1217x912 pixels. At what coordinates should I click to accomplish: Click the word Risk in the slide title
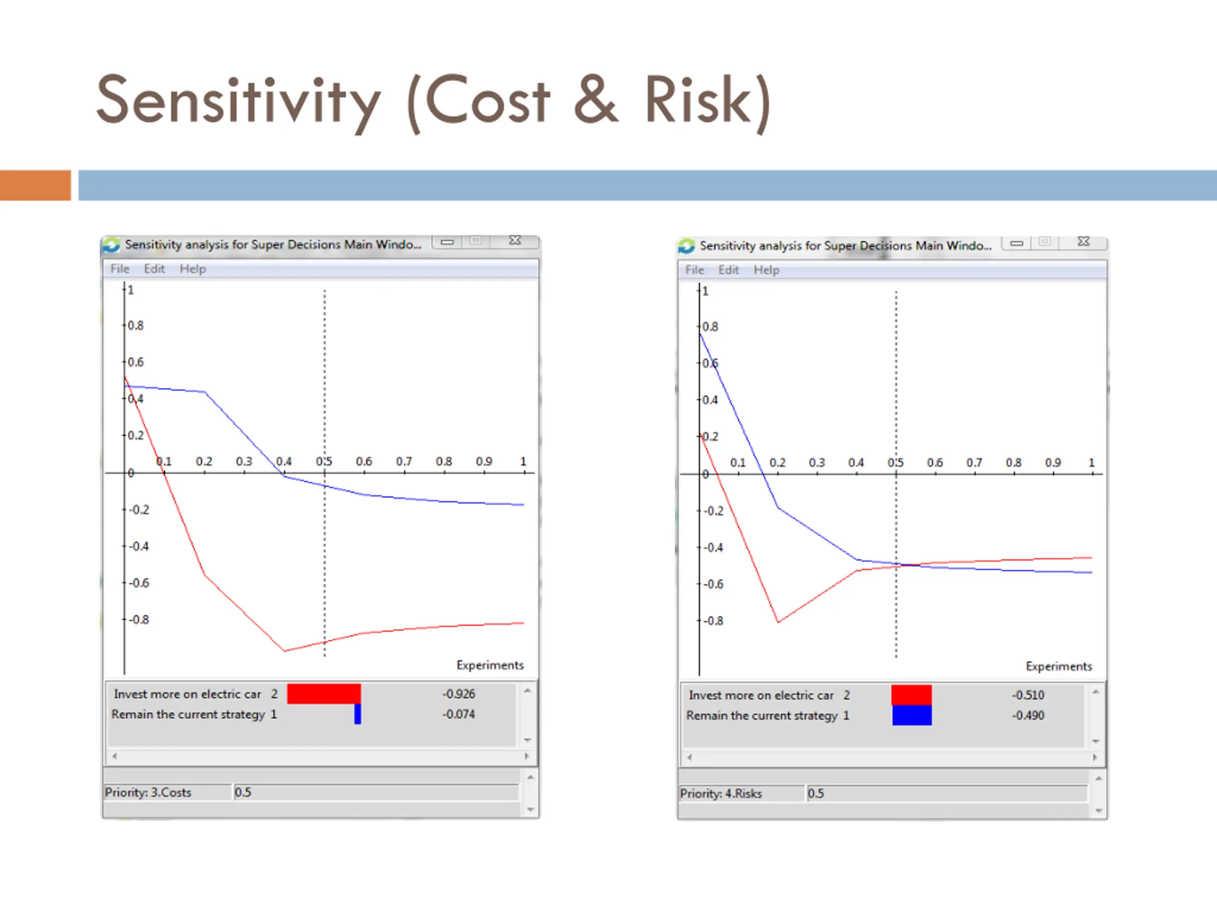click(697, 101)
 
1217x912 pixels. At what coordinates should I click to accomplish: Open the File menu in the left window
click(120, 269)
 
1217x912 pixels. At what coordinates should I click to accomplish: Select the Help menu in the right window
click(766, 270)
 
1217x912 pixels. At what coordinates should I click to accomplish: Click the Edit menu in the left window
click(154, 269)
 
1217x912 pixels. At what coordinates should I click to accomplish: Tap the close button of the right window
click(1083, 242)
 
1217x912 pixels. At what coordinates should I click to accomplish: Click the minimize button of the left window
click(447, 241)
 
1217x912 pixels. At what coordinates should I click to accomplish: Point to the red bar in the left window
click(324, 694)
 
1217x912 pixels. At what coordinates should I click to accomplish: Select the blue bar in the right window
click(912, 715)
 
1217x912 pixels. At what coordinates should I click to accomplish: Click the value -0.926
click(458, 694)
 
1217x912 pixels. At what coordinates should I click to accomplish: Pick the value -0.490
click(1028, 715)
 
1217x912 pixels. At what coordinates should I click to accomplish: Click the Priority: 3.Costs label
click(148, 792)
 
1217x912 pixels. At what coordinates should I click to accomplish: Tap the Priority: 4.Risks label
click(721, 793)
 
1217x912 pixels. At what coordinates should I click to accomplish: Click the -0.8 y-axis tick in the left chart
click(139, 619)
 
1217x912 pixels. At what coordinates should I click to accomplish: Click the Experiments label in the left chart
click(490, 665)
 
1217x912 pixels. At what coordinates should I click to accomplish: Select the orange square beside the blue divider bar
click(35, 185)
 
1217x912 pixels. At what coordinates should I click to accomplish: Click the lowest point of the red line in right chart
click(778, 622)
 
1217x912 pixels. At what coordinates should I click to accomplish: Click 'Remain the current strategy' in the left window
click(188, 714)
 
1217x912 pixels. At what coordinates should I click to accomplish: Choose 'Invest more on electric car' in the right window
click(761, 695)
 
